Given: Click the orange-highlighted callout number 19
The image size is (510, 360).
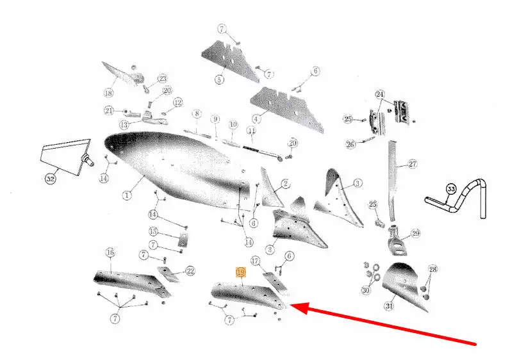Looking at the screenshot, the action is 241,272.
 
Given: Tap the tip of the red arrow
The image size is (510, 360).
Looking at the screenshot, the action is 289,305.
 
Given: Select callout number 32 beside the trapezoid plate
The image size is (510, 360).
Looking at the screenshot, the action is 51,179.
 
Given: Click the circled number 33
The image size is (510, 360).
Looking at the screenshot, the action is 451,189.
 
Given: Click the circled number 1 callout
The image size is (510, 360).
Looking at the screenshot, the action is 127,195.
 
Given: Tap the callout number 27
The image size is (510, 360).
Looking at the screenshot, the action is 413,164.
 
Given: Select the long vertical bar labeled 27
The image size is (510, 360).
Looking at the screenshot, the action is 393,181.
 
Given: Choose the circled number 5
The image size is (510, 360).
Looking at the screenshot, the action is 220,79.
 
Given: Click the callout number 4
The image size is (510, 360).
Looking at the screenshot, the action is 256,119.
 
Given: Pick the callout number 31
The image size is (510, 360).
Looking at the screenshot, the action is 390,306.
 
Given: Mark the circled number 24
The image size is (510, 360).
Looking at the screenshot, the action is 380,95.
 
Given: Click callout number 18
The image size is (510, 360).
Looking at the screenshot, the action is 109,93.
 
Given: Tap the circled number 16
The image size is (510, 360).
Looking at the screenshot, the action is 110,252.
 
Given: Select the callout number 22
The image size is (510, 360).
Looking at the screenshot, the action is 190,271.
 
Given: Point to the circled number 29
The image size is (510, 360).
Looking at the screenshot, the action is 415,233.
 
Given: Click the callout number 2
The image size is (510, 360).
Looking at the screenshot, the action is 285,184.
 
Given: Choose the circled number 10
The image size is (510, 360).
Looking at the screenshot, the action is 233,124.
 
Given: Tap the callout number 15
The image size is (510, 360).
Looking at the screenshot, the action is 153,231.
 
